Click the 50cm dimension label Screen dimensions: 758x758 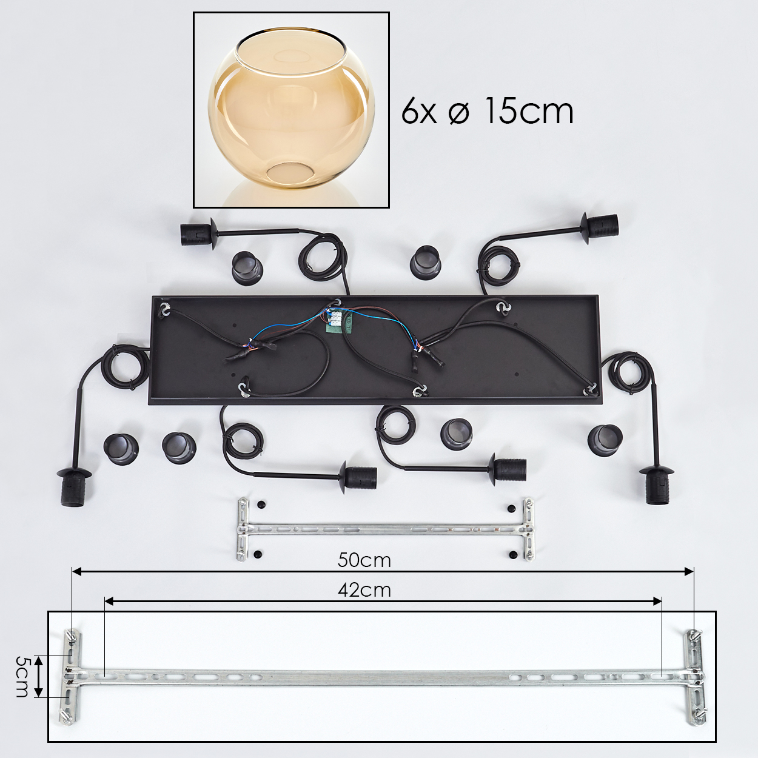point(364,560)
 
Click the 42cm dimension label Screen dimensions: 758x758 point(364,591)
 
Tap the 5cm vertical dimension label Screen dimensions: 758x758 point(22,677)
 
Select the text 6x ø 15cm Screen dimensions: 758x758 point(487,111)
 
